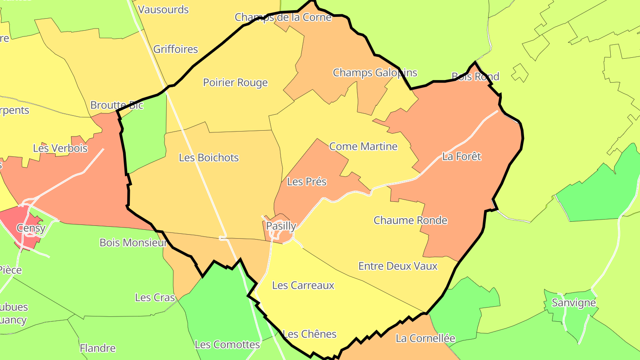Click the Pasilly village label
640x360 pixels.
(x=281, y=226)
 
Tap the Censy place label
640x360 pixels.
(x=31, y=228)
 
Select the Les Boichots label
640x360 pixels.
(x=209, y=158)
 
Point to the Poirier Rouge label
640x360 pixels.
(x=236, y=83)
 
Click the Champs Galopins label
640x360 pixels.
(x=375, y=72)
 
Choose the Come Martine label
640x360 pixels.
(x=363, y=147)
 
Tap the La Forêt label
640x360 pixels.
(x=461, y=156)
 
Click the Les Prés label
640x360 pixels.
(x=307, y=182)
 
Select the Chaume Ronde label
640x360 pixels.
(x=410, y=220)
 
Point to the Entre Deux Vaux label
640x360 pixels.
(x=398, y=266)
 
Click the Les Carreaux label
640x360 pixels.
(x=303, y=285)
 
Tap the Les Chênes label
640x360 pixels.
(x=310, y=334)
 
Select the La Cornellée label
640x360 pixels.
(x=425, y=339)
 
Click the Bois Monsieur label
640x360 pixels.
(x=133, y=243)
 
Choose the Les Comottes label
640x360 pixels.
(x=227, y=344)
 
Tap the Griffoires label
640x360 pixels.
(x=176, y=49)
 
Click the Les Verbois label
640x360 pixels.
(x=60, y=148)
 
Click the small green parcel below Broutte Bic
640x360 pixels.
(x=144, y=133)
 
